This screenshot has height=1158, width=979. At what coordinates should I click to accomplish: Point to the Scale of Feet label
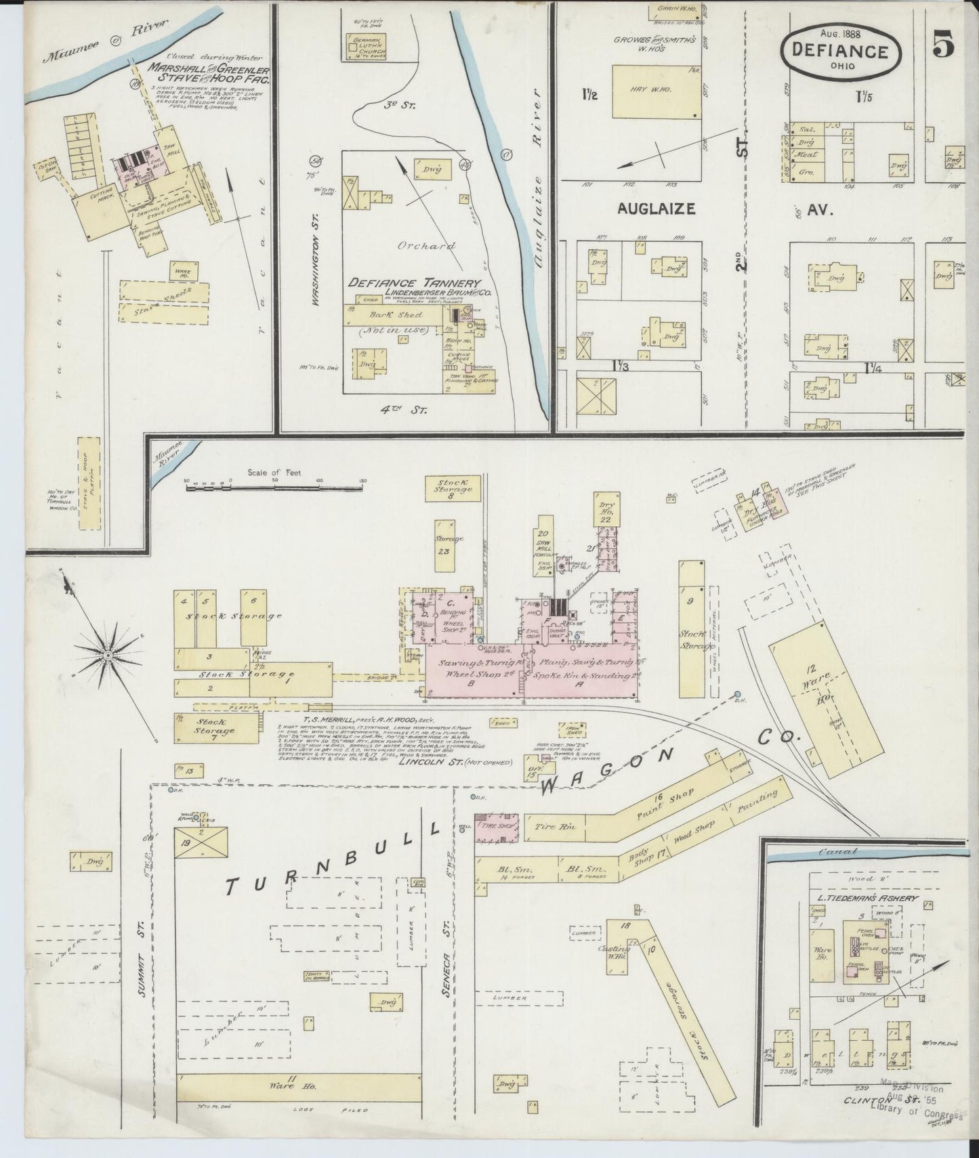pyautogui.click(x=274, y=473)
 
